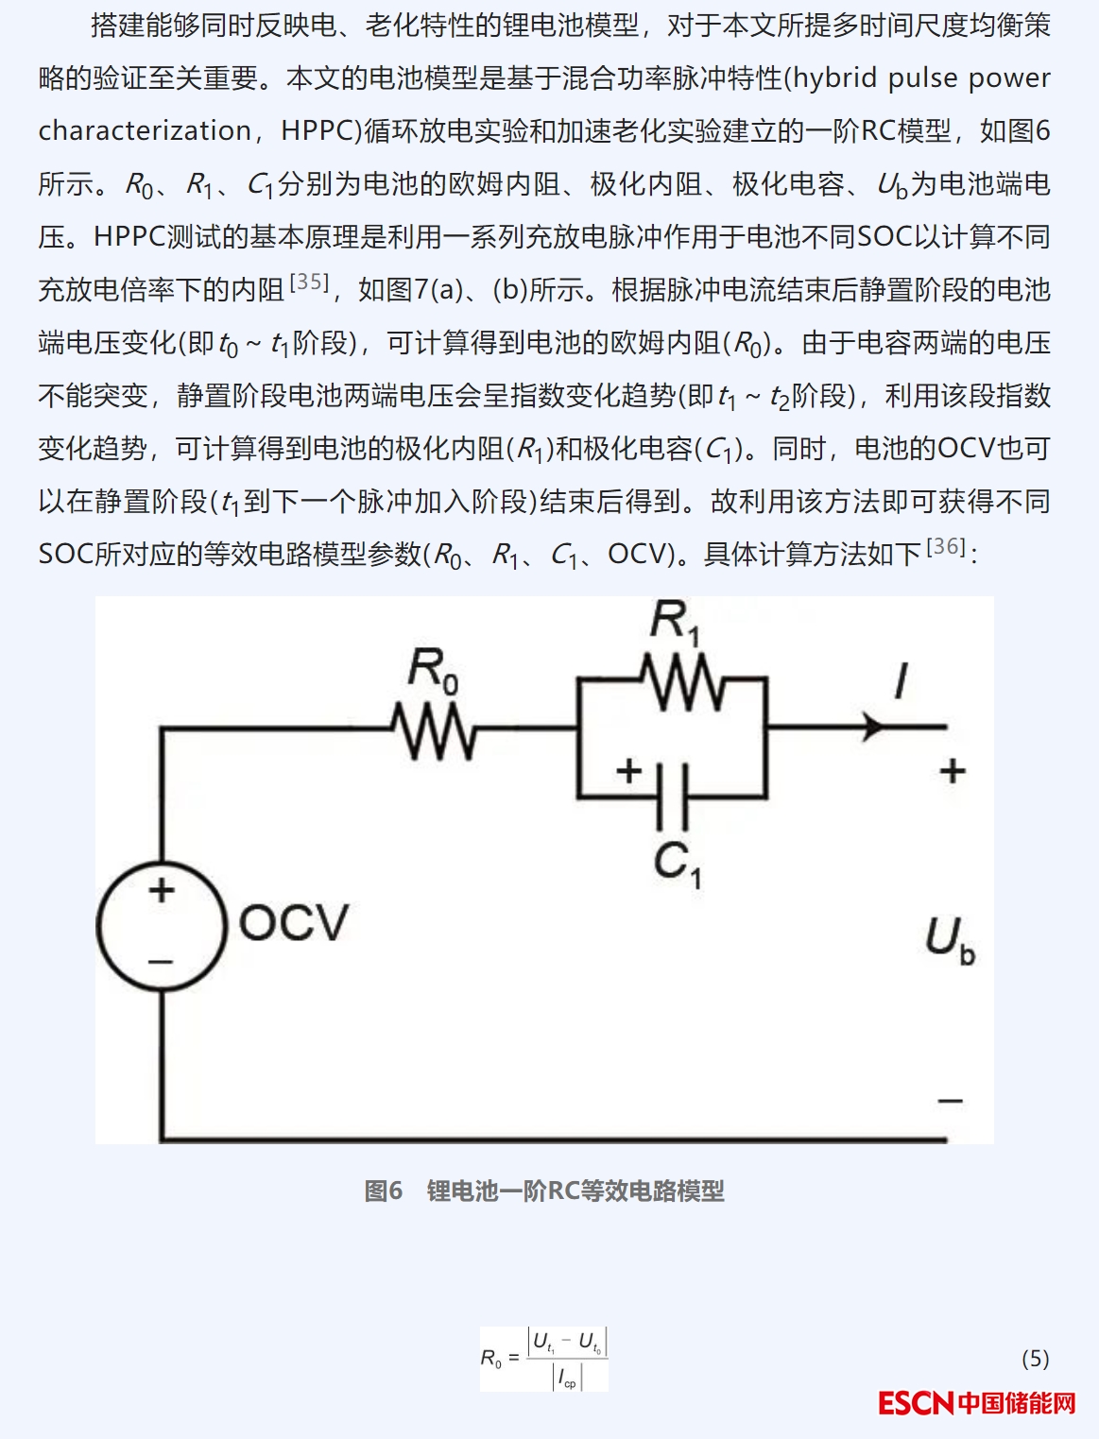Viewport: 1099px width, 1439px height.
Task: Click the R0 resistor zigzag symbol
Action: click(434, 729)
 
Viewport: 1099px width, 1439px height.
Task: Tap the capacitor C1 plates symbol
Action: click(672, 797)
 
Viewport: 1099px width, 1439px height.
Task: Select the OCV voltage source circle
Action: click(162, 926)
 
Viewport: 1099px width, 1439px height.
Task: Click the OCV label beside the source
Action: click(294, 923)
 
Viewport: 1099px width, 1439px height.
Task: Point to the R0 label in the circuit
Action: click(433, 670)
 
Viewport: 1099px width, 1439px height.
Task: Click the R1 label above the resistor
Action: click(675, 623)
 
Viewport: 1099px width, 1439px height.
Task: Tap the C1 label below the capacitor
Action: click(677, 864)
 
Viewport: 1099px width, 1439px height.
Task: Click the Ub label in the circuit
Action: click(949, 940)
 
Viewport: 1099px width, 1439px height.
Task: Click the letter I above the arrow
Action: click(901, 681)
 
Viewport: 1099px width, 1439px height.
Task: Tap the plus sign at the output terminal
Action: click(952, 771)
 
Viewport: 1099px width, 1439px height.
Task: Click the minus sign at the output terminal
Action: click(950, 1101)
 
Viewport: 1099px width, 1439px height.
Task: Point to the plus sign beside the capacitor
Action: click(628, 771)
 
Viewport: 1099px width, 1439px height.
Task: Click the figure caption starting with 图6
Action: click(544, 1191)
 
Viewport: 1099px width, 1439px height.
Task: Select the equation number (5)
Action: click(1035, 1359)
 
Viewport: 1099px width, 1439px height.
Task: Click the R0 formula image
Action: click(544, 1359)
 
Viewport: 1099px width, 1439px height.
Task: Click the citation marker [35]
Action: click(308, 282)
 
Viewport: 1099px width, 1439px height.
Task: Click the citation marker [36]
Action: click(945, 546)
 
